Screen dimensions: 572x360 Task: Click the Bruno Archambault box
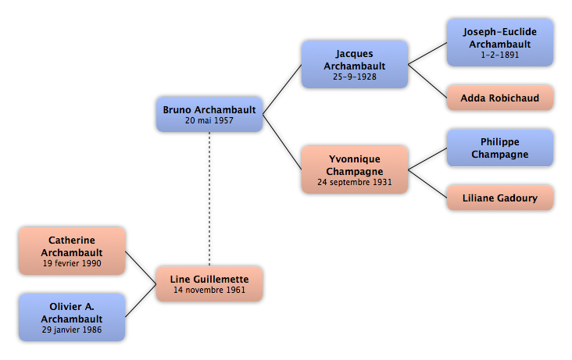point(209,115)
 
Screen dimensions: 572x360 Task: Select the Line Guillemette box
point(209,283)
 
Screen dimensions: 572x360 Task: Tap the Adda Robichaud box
point(500,98)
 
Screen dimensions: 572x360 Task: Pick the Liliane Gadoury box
point(500,198)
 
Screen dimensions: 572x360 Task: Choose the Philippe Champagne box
point(500,148)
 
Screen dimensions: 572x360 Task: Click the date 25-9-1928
point(355,77)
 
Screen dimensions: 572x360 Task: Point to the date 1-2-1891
point(500,55)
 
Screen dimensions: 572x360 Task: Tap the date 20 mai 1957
point(209,120)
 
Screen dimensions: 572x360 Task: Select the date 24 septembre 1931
point(355,182)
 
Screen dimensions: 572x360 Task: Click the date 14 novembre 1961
point(209,290)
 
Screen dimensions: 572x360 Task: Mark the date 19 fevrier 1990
point(72,263)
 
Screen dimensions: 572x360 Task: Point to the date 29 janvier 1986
point(72,330)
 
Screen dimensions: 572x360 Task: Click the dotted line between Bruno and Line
point(209,199)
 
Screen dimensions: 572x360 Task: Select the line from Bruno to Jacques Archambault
point(282,90)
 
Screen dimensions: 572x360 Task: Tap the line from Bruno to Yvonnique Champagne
point(282,142)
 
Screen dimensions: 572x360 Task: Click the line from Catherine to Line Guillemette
point(141,268)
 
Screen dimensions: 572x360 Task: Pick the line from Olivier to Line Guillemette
point(141,301)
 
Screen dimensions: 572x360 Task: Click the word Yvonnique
point(355,159)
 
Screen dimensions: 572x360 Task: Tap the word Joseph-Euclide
point(500,32)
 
